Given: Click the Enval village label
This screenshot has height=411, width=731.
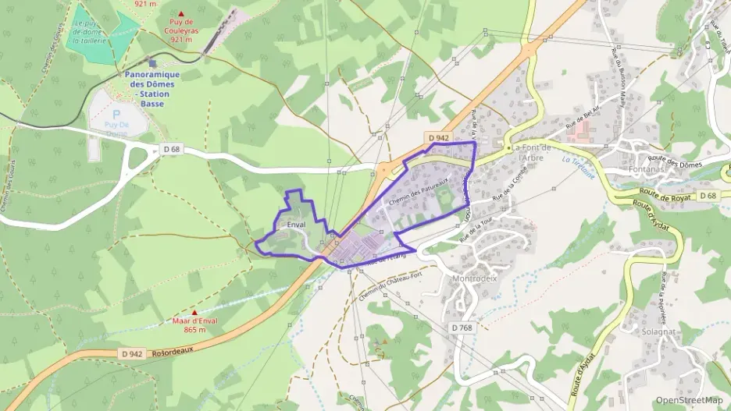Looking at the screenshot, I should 296,225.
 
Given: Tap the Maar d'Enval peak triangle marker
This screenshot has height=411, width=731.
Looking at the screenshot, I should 194,313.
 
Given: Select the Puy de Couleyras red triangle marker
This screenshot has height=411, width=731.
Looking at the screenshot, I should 182,14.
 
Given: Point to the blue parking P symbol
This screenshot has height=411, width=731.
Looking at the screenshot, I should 116,113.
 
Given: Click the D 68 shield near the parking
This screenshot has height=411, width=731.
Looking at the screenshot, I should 172,148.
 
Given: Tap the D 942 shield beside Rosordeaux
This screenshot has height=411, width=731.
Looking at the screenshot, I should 133,353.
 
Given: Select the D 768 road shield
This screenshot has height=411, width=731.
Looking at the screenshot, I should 462,328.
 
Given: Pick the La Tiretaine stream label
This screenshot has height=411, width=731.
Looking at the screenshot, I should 578,165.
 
